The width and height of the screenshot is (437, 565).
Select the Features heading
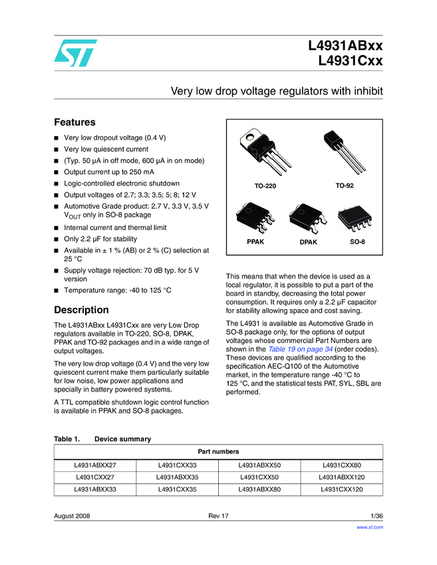click(x=74, y=122)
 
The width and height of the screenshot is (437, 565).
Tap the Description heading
click(x=81, y=310)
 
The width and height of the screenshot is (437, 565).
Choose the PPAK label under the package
click(x=255, y=242)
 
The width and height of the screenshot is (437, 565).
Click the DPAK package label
click(x=308, y=243)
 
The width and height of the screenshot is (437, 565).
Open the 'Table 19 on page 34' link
click(x=301, y=349)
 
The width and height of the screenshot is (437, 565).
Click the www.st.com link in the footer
click(x=371, y=527)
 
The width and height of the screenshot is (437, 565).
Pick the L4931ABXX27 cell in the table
click(x=94, y=465)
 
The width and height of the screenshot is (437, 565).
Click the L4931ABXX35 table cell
click(x=177, y=477)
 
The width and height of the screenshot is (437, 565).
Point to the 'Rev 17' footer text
click(x=218, y=516)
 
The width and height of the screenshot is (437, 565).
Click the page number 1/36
click(x=376, y=516)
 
